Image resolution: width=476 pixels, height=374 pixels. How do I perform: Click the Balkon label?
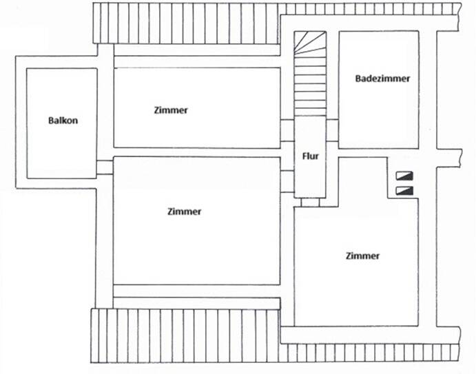coord(63,121)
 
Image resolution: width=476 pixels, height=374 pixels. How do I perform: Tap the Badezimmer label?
coord(382,79)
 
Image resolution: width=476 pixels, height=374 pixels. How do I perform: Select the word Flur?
coord(310,156)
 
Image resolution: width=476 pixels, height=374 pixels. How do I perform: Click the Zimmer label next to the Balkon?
coord(171,110)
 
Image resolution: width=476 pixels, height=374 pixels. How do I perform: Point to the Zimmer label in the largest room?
coord(185,211)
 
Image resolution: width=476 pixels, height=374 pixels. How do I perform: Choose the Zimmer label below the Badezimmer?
coord(362,256)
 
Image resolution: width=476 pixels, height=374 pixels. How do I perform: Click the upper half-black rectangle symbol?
coord(402,176)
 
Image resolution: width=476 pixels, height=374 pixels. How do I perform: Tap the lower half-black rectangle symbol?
coord(402,190)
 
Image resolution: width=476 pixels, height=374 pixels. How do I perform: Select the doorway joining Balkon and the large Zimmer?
coord(105,167)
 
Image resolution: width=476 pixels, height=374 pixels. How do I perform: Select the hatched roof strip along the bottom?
coord(186,336)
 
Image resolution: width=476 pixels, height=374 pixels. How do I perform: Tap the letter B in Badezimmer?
coord(358,79)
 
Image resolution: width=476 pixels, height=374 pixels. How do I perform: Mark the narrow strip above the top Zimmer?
coord(196,61)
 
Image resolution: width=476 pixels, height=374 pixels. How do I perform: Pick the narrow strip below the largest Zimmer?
coord(196,291)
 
